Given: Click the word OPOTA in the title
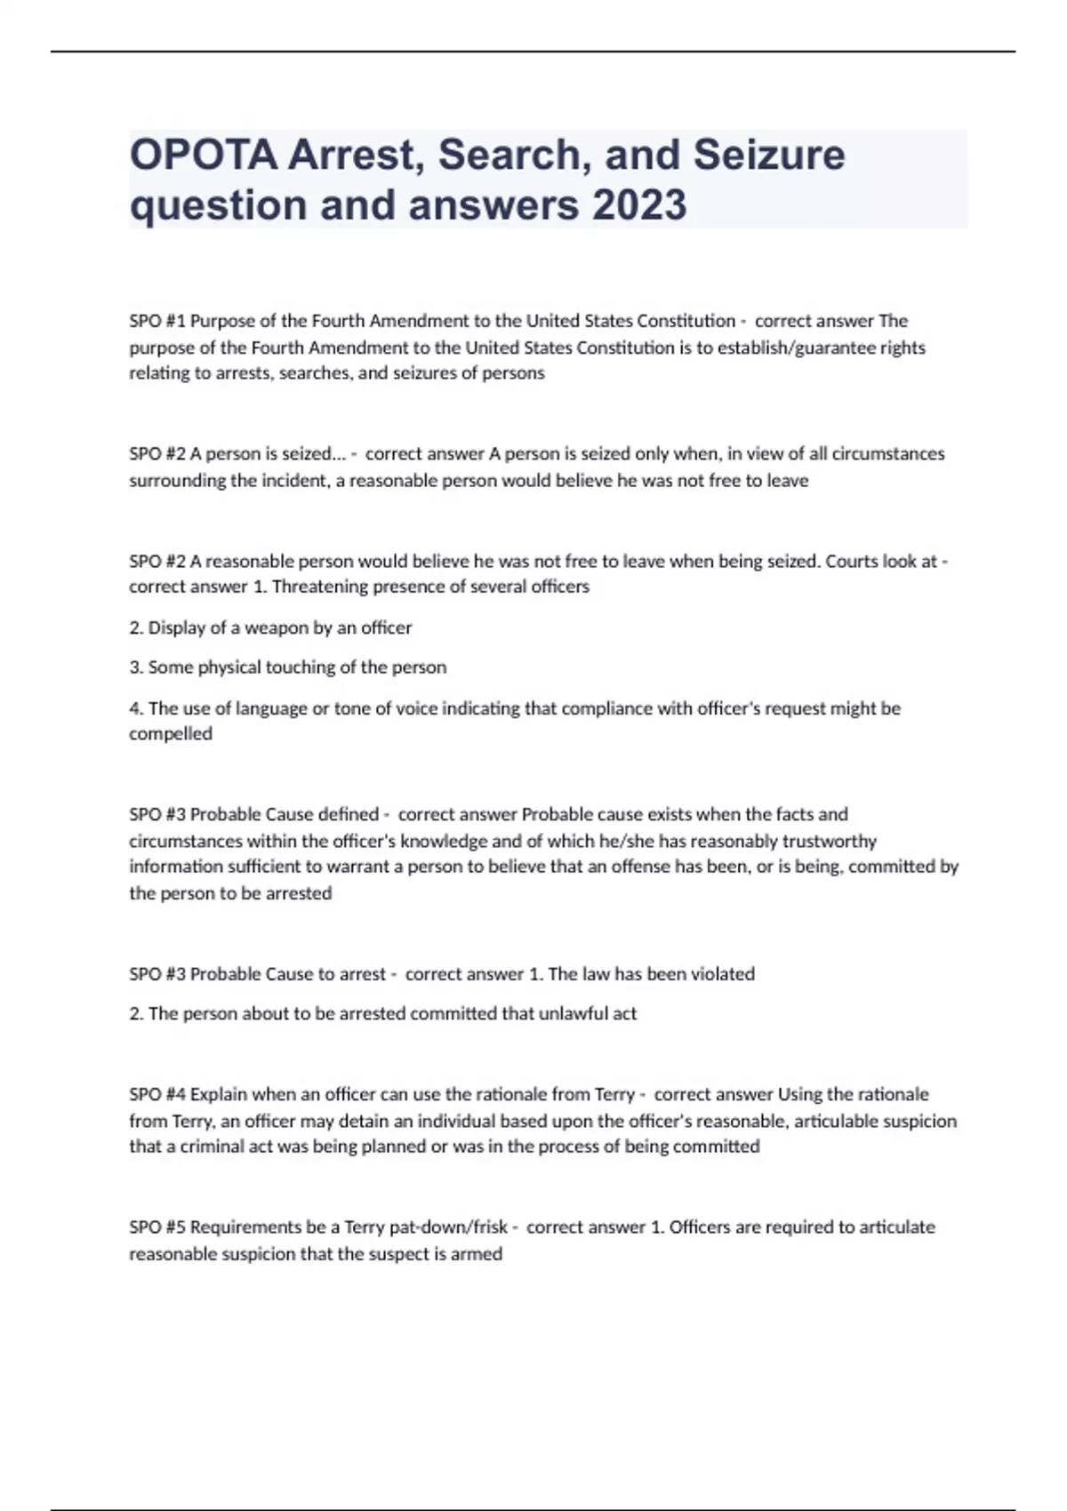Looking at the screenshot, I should click(x=204, y=155).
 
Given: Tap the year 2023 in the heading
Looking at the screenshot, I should click(x=639, y=204).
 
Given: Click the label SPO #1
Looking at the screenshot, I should click(x=157, y=321).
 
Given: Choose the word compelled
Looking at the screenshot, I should click(x=171, y=734).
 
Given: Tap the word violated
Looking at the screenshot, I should click(x=723, y=974).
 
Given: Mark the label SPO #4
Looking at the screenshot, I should click(x=157, y=1094).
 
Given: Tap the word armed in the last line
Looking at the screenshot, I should click(x=478, y=1254).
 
